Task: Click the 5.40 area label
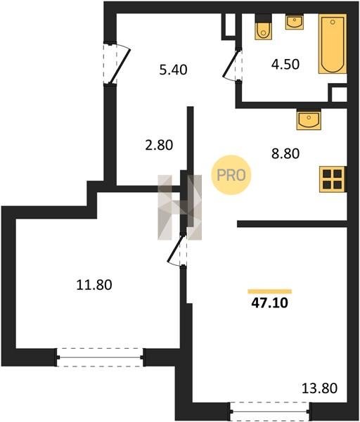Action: [173, 70]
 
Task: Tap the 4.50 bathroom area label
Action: [285, 64]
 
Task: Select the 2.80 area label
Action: [159, 145]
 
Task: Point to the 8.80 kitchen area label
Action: [285, 153]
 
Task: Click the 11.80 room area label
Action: [94, 285]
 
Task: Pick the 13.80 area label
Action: [319, 388]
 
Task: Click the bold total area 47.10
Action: [269, 302]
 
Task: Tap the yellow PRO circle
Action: [231, 175]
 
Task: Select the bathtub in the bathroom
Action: [333, 44]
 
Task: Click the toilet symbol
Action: [264, 27]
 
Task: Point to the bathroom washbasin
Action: [295, 22]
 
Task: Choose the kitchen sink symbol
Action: [309, 120]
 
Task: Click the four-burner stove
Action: [333, 179]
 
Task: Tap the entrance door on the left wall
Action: [117, 64]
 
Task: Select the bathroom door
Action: [233, 65]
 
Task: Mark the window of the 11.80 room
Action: [100, 357]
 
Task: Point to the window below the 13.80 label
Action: [269, 411]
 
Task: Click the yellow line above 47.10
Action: [269, 291]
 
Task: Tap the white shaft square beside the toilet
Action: [230, 25]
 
